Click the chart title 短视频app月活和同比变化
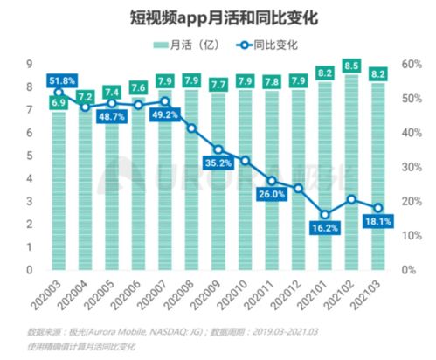pos(218,17)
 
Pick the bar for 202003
pos(59,192)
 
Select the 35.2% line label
pos(218,163)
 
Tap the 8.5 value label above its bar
pos(352,65)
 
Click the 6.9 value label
pos(59,103)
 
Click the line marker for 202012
pos(299,188)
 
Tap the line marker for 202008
pos(192,128)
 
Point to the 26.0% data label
pos(272,195)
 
